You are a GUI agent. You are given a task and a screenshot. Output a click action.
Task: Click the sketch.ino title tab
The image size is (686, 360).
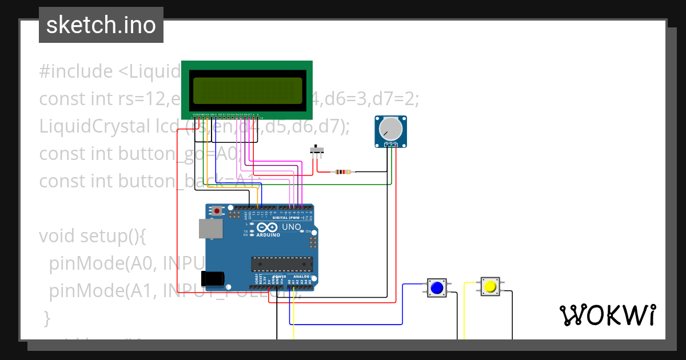click(101, 25)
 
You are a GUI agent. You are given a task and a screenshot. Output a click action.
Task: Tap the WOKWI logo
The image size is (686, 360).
click(607, 315)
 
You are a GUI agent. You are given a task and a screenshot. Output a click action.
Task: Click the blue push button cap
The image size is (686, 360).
click(437, 287)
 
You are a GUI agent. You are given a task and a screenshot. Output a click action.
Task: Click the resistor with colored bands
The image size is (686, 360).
click(343, 171)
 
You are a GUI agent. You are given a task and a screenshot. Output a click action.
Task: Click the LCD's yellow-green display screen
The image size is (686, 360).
click(246, 90)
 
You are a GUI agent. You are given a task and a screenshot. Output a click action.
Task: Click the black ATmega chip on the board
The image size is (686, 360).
click(282, 264)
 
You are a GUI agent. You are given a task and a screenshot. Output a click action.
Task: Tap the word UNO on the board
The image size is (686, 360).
click(292, 227)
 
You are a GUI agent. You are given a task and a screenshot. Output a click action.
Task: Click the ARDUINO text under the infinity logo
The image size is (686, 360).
click(268, 235)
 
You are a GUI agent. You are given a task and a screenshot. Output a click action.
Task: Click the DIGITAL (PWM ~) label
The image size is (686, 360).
click(288, 218)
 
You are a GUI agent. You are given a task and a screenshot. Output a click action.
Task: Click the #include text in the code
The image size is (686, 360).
click(76, 72)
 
